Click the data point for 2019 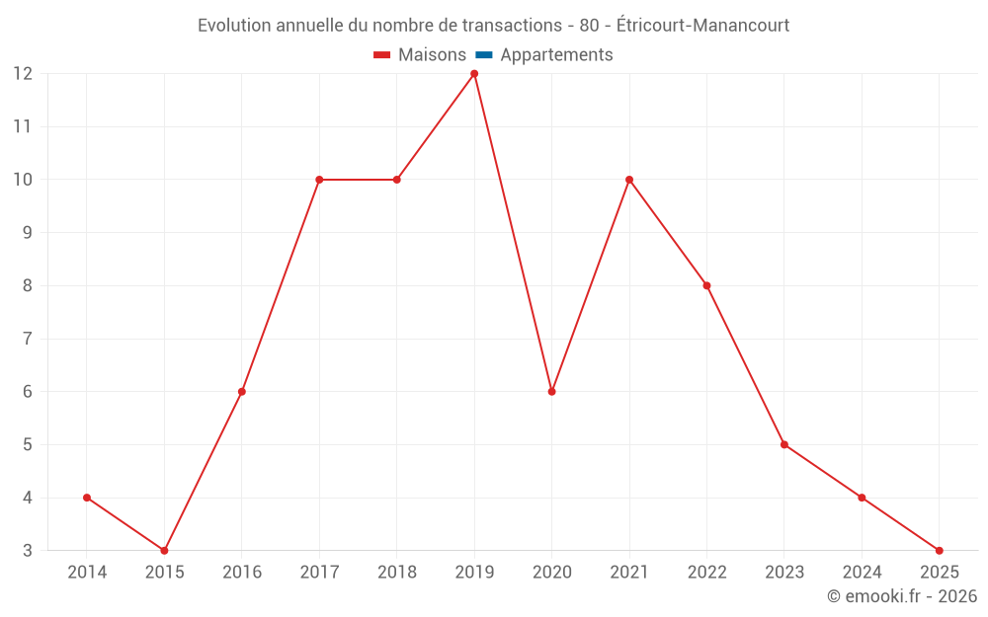click(x=474, y=74)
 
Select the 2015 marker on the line click(x=164, y=550)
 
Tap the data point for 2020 click(x=551, y=392)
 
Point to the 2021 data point click(x=629, y=180)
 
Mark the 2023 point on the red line click(x=784, y=444)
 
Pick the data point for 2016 click(x=242, y=392)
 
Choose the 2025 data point click(x=939, y=550)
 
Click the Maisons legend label click(x=432, y=55)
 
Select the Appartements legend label click(x=556, y=55)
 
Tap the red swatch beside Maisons click(x=382, y=55)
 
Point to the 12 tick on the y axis click(x=22, y=74)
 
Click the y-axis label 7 click(x=27, y=339)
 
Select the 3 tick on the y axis click(x=27, y=551)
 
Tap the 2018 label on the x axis click(x=397, y=573)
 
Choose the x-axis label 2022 click(x=706, y=573)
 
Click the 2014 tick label click(x=87, y=573)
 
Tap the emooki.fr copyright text click(x=902, y=596)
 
